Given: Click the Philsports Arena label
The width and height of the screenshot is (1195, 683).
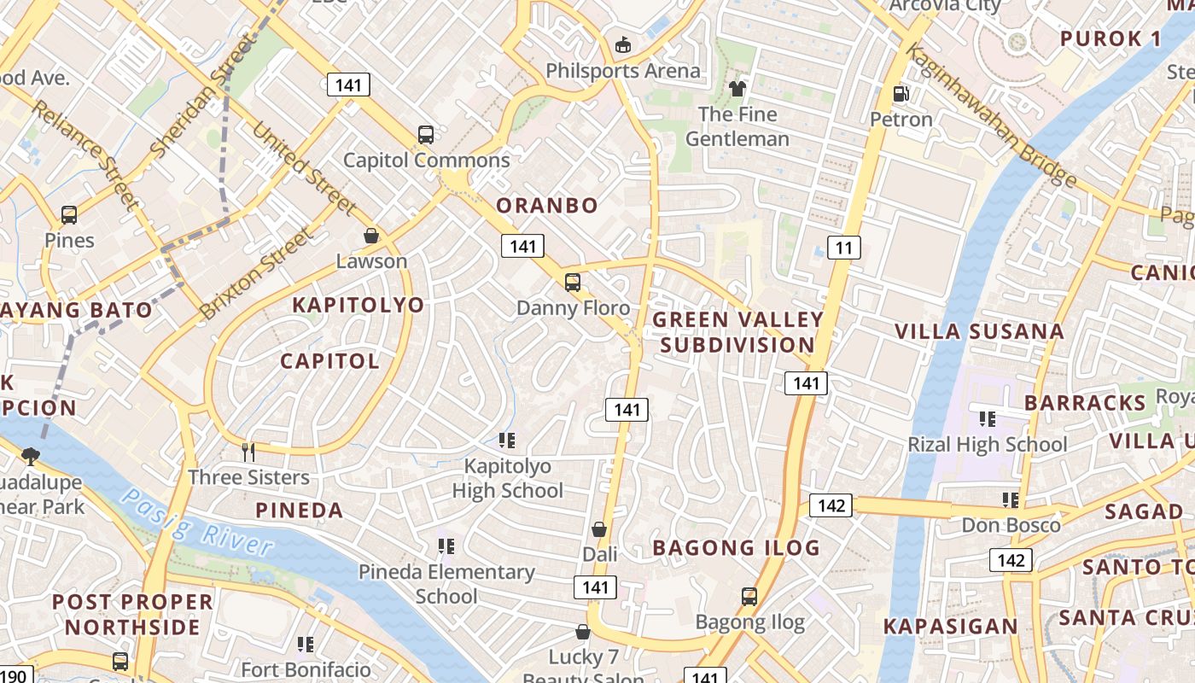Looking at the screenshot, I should (x=622, y=71).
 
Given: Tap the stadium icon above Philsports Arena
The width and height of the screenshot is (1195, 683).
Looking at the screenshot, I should (x=623, y=44).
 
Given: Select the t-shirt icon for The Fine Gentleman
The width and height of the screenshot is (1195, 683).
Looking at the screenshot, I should (x=737, y=88).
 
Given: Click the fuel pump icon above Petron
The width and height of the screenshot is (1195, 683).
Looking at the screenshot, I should (x=901, y=94).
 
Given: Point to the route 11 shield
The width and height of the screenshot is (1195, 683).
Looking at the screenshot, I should (x=843, y=248).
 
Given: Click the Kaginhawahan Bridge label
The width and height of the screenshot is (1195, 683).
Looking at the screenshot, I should (x=989, y=115).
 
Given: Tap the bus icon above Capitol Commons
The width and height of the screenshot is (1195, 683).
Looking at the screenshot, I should (x=426, y=134).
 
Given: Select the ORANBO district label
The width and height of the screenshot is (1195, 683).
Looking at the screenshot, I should (x=547, y=206).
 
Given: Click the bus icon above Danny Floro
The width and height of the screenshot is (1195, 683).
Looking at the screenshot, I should (x=573, y=282).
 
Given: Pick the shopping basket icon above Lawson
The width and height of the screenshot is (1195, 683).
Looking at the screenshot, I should (x=371, y=236).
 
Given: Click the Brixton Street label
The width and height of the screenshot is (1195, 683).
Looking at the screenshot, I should (x=255, y=274).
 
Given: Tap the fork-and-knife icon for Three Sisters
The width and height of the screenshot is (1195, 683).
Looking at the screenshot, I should (x=248, y=452).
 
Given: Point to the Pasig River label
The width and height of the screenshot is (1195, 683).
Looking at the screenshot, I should (x=197, y=520).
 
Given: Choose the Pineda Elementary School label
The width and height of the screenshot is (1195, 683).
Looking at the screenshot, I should (x=446, y=583).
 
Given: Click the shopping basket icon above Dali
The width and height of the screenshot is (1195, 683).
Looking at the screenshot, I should (x=599, y=529).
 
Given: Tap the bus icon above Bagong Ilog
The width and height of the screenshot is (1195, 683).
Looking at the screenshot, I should (x=749, y=597).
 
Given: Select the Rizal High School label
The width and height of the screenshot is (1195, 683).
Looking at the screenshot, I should (x=987, y=445).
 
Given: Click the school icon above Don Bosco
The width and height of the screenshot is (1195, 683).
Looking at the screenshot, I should (x=1011, y=499).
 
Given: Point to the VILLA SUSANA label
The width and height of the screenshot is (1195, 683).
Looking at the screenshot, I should (x=979, y=332).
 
